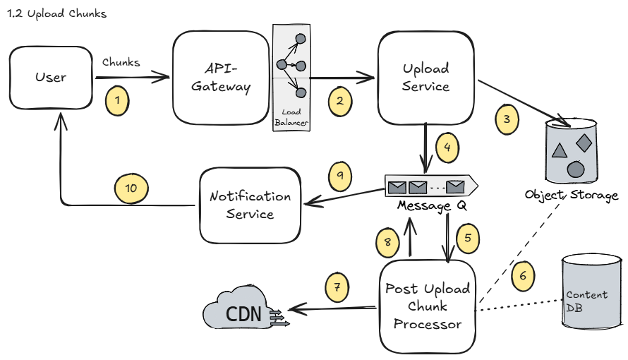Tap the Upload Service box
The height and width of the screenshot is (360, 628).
click(x=425, y=78)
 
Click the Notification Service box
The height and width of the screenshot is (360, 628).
click(x=250, y=205)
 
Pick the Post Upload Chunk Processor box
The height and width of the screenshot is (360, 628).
click(x=427, y=306)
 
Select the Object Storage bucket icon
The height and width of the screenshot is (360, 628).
click(x=572, y=150)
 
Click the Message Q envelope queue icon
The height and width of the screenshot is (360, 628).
click(x=430, y=186)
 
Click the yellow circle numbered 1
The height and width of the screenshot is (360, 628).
click(x=118, y=101)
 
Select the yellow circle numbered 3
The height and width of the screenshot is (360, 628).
click(x=506, y=119)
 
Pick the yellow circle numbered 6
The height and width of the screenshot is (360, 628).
click(x=523, y=276)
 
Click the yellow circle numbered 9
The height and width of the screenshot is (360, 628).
click(x=340, y=176)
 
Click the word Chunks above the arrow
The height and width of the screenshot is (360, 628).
click(x=121, y=62)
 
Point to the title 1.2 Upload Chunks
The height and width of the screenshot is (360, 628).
click(x=56, y=14)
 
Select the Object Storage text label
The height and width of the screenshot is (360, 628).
click(x=571, y=194)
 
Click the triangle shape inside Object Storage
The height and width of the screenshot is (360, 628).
click(x=559, y=150)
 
